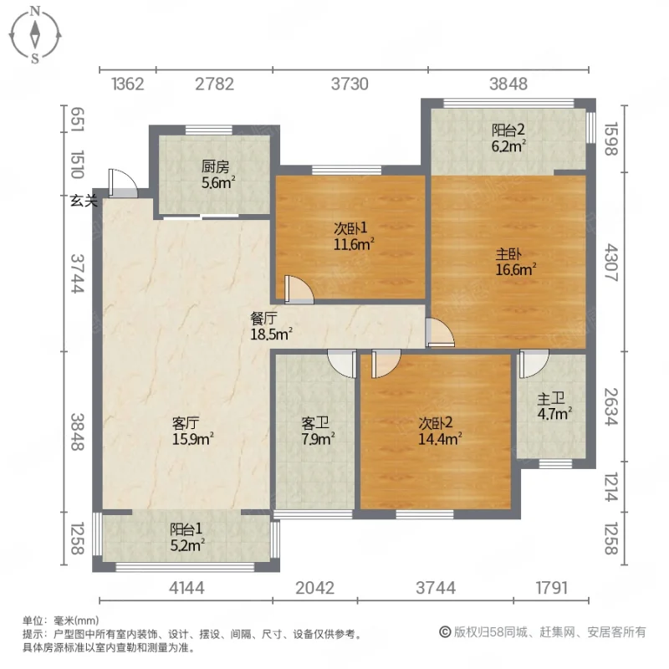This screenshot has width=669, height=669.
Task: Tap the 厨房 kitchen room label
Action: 212,166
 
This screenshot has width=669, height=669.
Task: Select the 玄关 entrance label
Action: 84,200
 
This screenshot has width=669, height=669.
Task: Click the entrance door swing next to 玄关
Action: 120,184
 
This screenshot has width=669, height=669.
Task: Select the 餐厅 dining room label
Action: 264,319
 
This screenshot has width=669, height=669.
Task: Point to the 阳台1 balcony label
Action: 187,529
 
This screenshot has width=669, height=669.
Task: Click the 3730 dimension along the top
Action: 350,84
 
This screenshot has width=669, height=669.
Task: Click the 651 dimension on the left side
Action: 76,118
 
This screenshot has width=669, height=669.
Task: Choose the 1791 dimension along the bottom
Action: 551,588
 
